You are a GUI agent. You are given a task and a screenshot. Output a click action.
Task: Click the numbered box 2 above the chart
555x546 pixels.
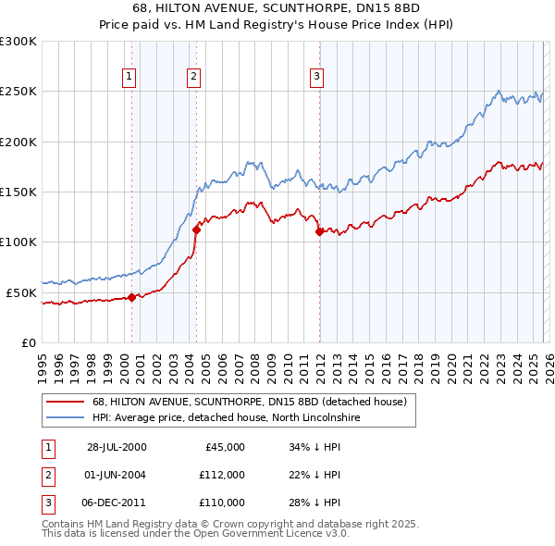[193, 77]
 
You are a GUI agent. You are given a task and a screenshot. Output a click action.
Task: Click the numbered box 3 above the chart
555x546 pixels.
[316, 77]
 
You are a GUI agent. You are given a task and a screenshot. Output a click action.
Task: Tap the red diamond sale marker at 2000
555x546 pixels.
[132, 297]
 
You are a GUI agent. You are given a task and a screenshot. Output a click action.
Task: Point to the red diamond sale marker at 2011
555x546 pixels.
[319, 232]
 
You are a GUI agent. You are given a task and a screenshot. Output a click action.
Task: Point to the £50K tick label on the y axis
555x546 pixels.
[21, 292]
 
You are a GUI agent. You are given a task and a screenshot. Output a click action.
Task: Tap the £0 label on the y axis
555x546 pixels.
[30, 342]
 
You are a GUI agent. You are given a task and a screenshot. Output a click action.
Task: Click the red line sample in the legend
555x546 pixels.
[63, 402]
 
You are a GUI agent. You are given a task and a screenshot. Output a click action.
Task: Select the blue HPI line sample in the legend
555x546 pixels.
[63, 418]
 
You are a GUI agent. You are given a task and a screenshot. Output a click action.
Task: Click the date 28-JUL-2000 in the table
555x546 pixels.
[117, 447]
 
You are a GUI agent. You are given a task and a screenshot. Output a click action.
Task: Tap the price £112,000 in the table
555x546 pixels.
[222, 475]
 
